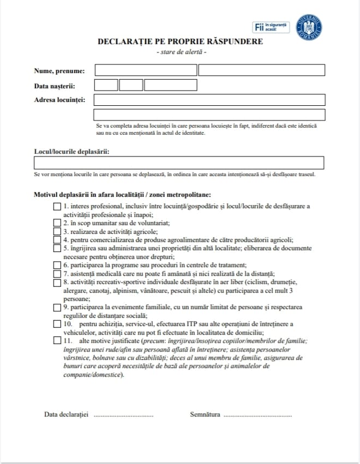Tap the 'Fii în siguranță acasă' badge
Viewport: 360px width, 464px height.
[272, 28]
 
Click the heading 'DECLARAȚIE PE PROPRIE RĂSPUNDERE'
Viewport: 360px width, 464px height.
[180, 41]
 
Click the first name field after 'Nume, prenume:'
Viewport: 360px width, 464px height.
[146, 70]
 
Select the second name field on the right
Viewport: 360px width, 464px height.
[262, 70]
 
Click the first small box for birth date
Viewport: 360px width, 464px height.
[106, 85]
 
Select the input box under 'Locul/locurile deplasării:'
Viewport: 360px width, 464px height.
[179, 163]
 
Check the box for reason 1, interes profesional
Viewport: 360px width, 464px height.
[57, 207]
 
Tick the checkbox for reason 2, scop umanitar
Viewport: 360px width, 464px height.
[57, 222]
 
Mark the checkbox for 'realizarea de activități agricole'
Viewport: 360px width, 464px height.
[57, 231]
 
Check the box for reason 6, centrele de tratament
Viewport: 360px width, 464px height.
[57, 265]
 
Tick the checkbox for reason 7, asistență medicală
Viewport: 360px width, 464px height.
[57, 274]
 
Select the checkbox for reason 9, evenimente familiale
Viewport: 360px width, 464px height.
[57, 308]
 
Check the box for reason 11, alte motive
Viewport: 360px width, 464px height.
[57, 341]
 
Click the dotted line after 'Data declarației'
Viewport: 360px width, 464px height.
[123, 415]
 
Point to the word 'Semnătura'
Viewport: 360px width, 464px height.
[205, 414]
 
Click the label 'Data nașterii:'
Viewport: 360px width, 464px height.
[55, 86]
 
